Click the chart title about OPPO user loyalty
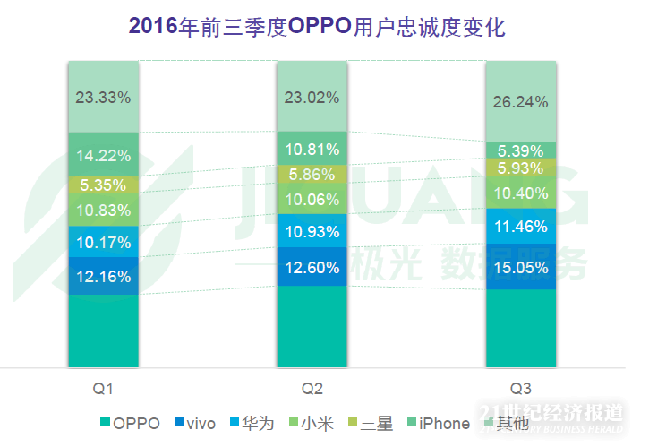[318, 28]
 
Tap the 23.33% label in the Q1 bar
[104, 97]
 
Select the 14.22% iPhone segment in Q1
[104, 154]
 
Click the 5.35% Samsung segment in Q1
[104, 185]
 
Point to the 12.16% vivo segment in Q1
[104, 276]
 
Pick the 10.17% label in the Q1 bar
[104, 242]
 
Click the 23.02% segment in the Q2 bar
[312, 97]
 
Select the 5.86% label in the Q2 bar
[312, 175]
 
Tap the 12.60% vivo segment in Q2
[312, 267]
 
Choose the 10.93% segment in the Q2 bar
[312, 232]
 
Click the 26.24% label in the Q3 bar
[520, 102]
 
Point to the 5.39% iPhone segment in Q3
[520, 150]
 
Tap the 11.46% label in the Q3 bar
[520, 224]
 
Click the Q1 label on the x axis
[103, 389]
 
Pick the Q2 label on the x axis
[312, 389]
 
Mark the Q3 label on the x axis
[520, 389]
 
